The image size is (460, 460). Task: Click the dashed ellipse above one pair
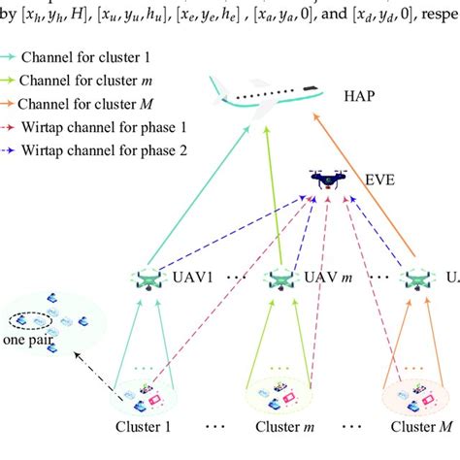27,321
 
